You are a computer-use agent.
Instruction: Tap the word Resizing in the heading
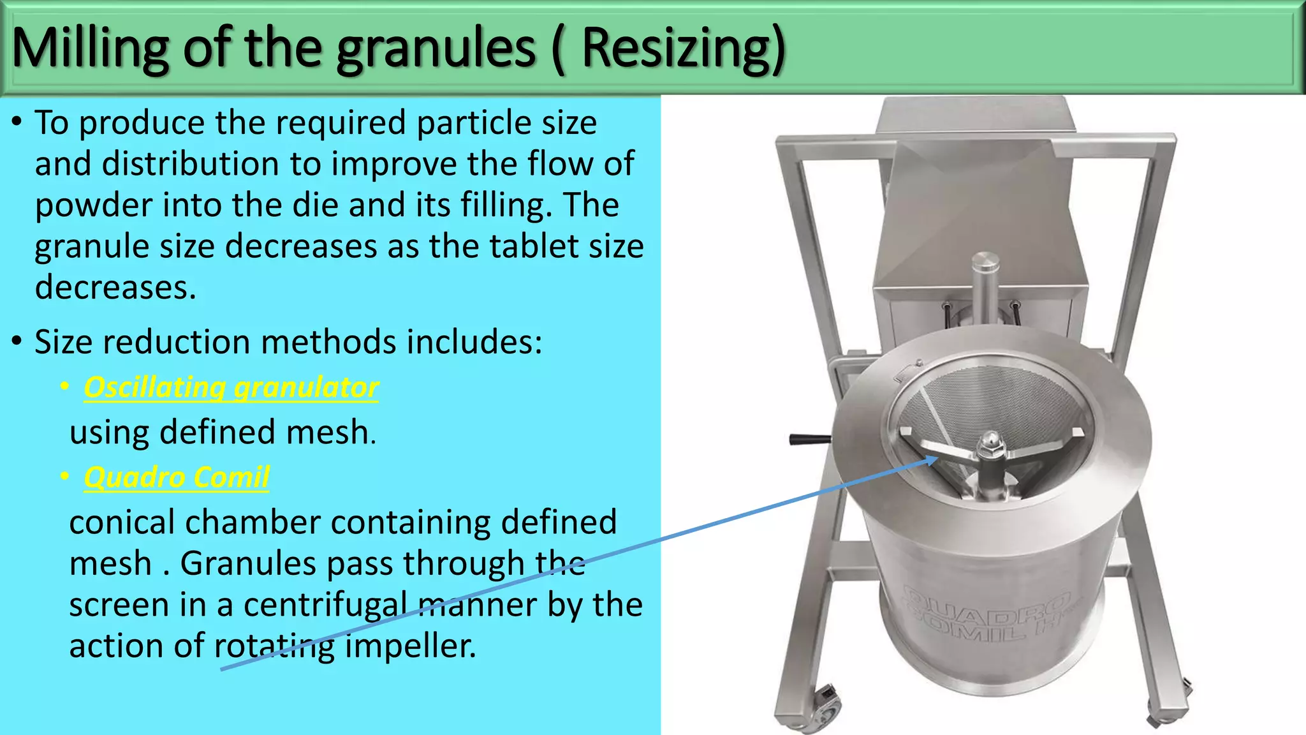coord(682,48)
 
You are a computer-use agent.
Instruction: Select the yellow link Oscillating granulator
coord(231,387)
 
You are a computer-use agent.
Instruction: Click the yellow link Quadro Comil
coord(177,477)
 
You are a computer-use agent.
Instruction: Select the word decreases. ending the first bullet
coord(115,288)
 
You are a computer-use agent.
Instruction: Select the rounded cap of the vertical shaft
coord(985,262)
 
